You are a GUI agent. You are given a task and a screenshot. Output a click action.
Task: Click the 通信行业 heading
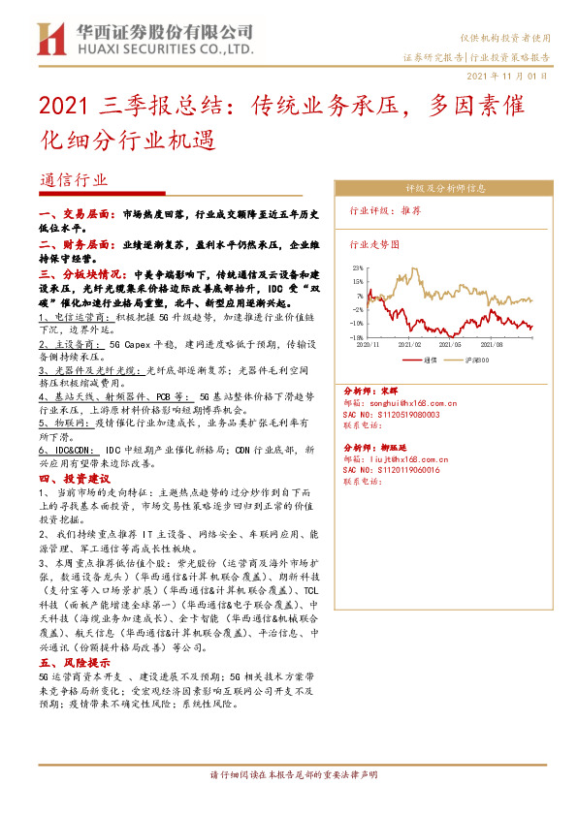pyautogui.click(x=75, y=180)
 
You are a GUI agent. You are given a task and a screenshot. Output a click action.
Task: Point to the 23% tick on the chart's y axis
pyautogui.click(x=358, y=267)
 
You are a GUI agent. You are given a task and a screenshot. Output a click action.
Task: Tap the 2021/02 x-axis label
pyautogui.click(x=409, y=343)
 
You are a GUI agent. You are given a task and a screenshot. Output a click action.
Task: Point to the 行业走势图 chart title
pyautogui.click(x=372, y=246)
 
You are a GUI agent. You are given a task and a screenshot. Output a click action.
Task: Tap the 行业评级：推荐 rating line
pyautogui.click(x=385, y=210)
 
